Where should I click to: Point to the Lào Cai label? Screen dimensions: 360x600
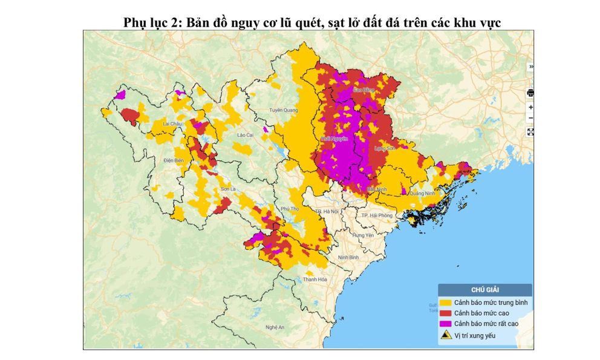245,135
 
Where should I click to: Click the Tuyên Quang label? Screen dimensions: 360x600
284,110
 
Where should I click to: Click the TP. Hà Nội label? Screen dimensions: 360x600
327,211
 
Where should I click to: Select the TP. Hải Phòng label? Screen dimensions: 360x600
376,215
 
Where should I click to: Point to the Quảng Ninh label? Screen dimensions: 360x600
422,194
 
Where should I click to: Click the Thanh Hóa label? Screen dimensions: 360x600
315,279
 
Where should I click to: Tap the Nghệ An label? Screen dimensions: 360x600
275,327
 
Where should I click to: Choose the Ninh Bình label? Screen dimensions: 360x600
349,257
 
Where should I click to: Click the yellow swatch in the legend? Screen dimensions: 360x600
446,301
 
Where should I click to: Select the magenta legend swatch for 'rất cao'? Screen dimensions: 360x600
446,324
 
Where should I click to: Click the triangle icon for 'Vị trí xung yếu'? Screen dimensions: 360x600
446,335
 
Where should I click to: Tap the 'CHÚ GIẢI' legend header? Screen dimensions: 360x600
485,290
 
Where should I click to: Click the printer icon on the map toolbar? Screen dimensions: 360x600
530,93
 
